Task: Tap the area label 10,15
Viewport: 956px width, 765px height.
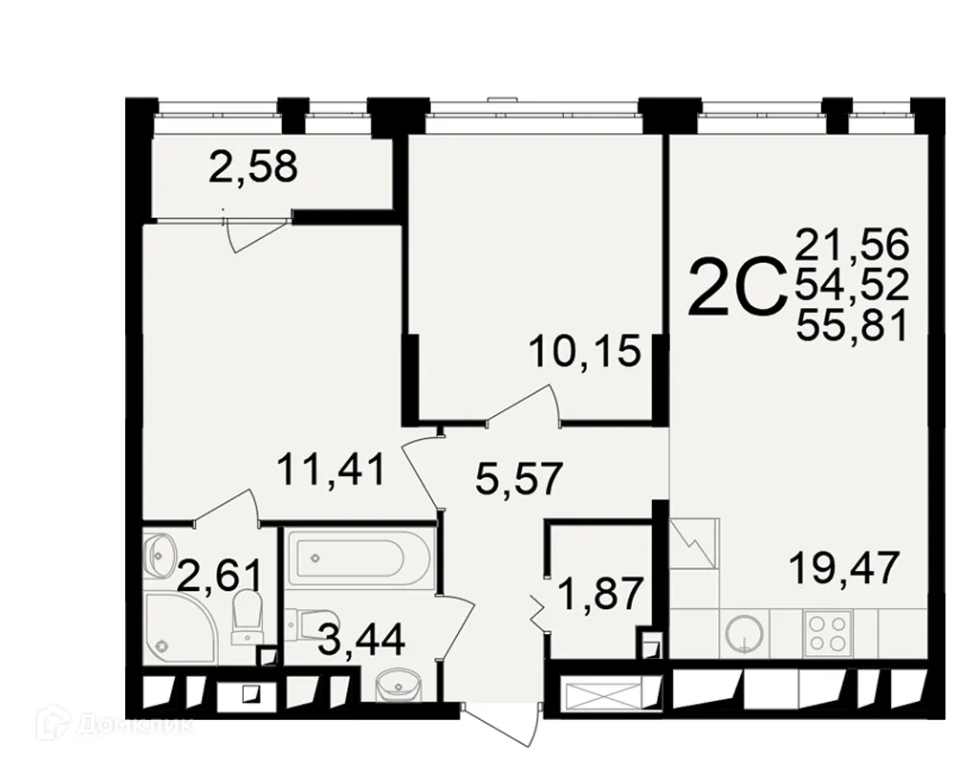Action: click(584, 351)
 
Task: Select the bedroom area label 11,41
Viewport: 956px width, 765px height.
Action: click(331, 470)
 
